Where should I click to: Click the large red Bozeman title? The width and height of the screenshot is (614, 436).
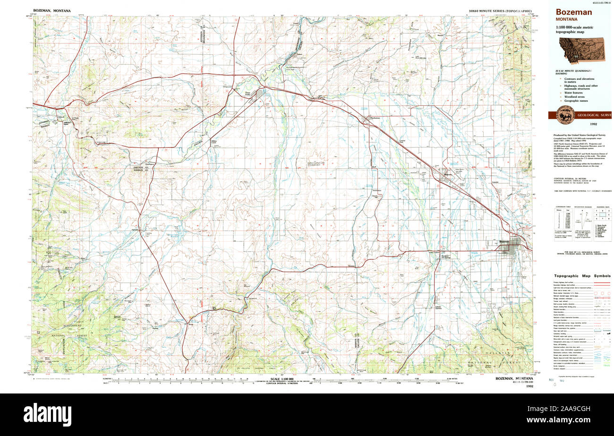(x=573, y=12)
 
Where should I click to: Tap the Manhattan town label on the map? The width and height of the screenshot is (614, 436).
(x=374, y=118)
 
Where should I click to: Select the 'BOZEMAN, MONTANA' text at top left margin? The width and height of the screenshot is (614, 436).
(x=52, y=10)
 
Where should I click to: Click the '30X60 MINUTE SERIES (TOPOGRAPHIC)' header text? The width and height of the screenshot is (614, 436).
(x=500, y=10)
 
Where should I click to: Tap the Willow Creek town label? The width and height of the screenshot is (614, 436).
(x=213, y=141)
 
